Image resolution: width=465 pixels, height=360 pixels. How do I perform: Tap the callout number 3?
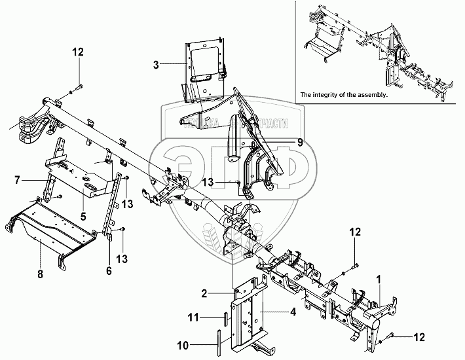pos(156,65)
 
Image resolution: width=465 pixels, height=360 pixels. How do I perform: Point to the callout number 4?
pos(293,312)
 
